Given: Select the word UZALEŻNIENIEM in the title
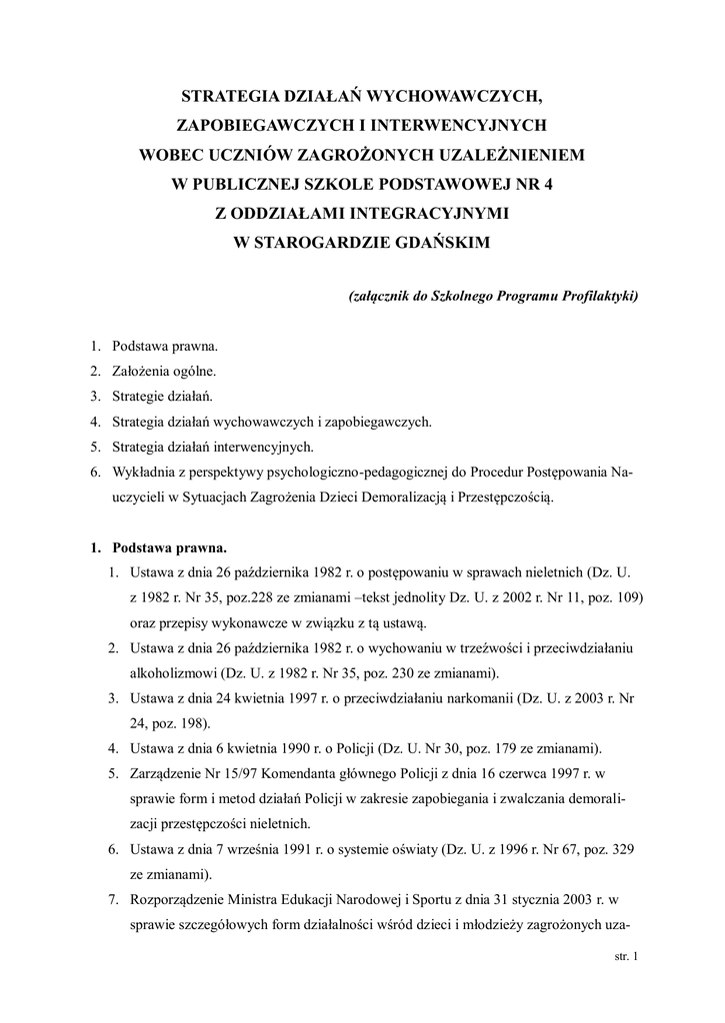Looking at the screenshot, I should [x=502, y=156].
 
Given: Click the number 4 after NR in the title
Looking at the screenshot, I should [x=546, y=185].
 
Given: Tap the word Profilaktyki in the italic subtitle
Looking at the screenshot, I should [x=596, y=297].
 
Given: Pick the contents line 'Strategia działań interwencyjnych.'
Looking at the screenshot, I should [x=214, y=447].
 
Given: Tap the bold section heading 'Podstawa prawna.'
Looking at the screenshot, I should [x=169, y=547].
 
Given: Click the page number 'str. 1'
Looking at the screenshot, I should [x=625, y=956].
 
